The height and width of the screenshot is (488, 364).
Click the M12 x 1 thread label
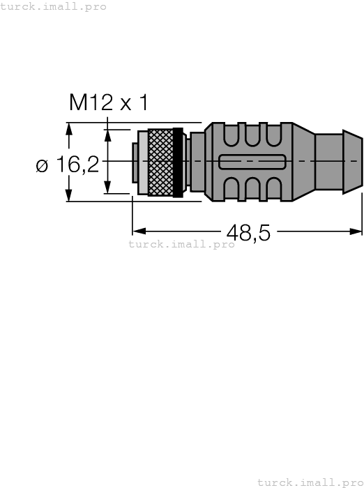pyautogui.click(x=108, y=103)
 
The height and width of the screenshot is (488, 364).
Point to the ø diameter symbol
pyautogui.click(x=42, y=167)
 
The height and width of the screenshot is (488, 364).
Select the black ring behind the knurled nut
pyautogui.click(x=178, y=162)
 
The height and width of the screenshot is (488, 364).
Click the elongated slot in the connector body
pyautogui.click(x=250, y=162)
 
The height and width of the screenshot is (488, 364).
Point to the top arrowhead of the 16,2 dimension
pyautogui.click(x=69, y=129)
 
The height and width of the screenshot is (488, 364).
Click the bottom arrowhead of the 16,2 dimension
pyautogui.click(x=69, y=195)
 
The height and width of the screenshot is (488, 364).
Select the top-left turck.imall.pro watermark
pyautogui.click(x=53, y=6)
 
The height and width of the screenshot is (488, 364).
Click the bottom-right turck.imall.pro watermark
pyautogui.click(x=310, y=482)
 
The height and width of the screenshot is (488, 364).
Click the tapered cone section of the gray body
pyautogui.click(x=303, y=162)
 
